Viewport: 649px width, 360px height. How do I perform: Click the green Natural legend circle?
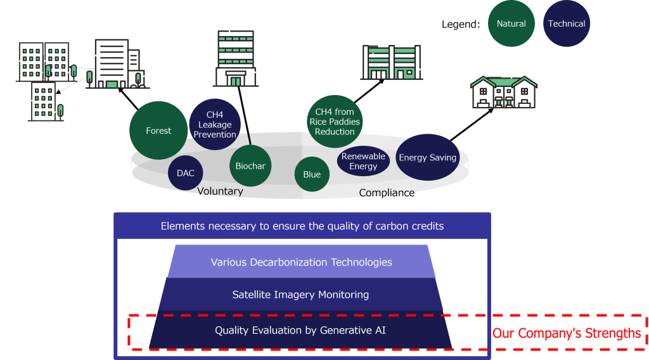click(x=511, y=23)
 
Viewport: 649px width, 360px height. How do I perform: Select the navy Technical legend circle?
click(x=566, y=23)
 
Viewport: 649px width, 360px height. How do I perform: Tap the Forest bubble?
click(x=158, y=131)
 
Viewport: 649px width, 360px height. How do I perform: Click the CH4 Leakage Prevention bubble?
click(x=215, y=124)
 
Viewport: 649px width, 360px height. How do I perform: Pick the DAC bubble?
click(x=186, y=173)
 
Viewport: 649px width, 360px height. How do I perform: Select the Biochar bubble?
click(x=250, y=166)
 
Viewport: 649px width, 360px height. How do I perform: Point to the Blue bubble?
click(x=312, y=174)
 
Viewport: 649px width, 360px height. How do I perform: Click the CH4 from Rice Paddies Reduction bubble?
click(x=335, y=121)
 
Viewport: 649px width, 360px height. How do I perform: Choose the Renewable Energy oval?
click(x=363, y=161)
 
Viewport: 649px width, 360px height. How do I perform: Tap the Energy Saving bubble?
click(x=427, y=157)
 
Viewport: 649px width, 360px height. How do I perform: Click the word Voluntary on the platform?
click(x=220, y=191)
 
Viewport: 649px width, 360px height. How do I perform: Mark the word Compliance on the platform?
click(x=387, y=192)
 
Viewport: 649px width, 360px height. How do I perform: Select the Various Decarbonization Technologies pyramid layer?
click(x=301, y=262)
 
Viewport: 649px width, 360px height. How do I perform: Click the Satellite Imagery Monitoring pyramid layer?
click(x=300, y=294)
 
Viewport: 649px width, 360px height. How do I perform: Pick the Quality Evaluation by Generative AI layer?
click(x=300, y=330)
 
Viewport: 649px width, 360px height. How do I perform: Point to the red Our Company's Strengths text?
click(x=566, y=333)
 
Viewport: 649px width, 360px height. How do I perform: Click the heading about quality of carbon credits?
click(x=302, y=226)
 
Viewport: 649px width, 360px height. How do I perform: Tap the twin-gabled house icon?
click(x=504, y=93)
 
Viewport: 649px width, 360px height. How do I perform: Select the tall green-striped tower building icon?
click(x=235, y=58)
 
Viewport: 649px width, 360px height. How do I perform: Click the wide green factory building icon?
click(x=391, y=63)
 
